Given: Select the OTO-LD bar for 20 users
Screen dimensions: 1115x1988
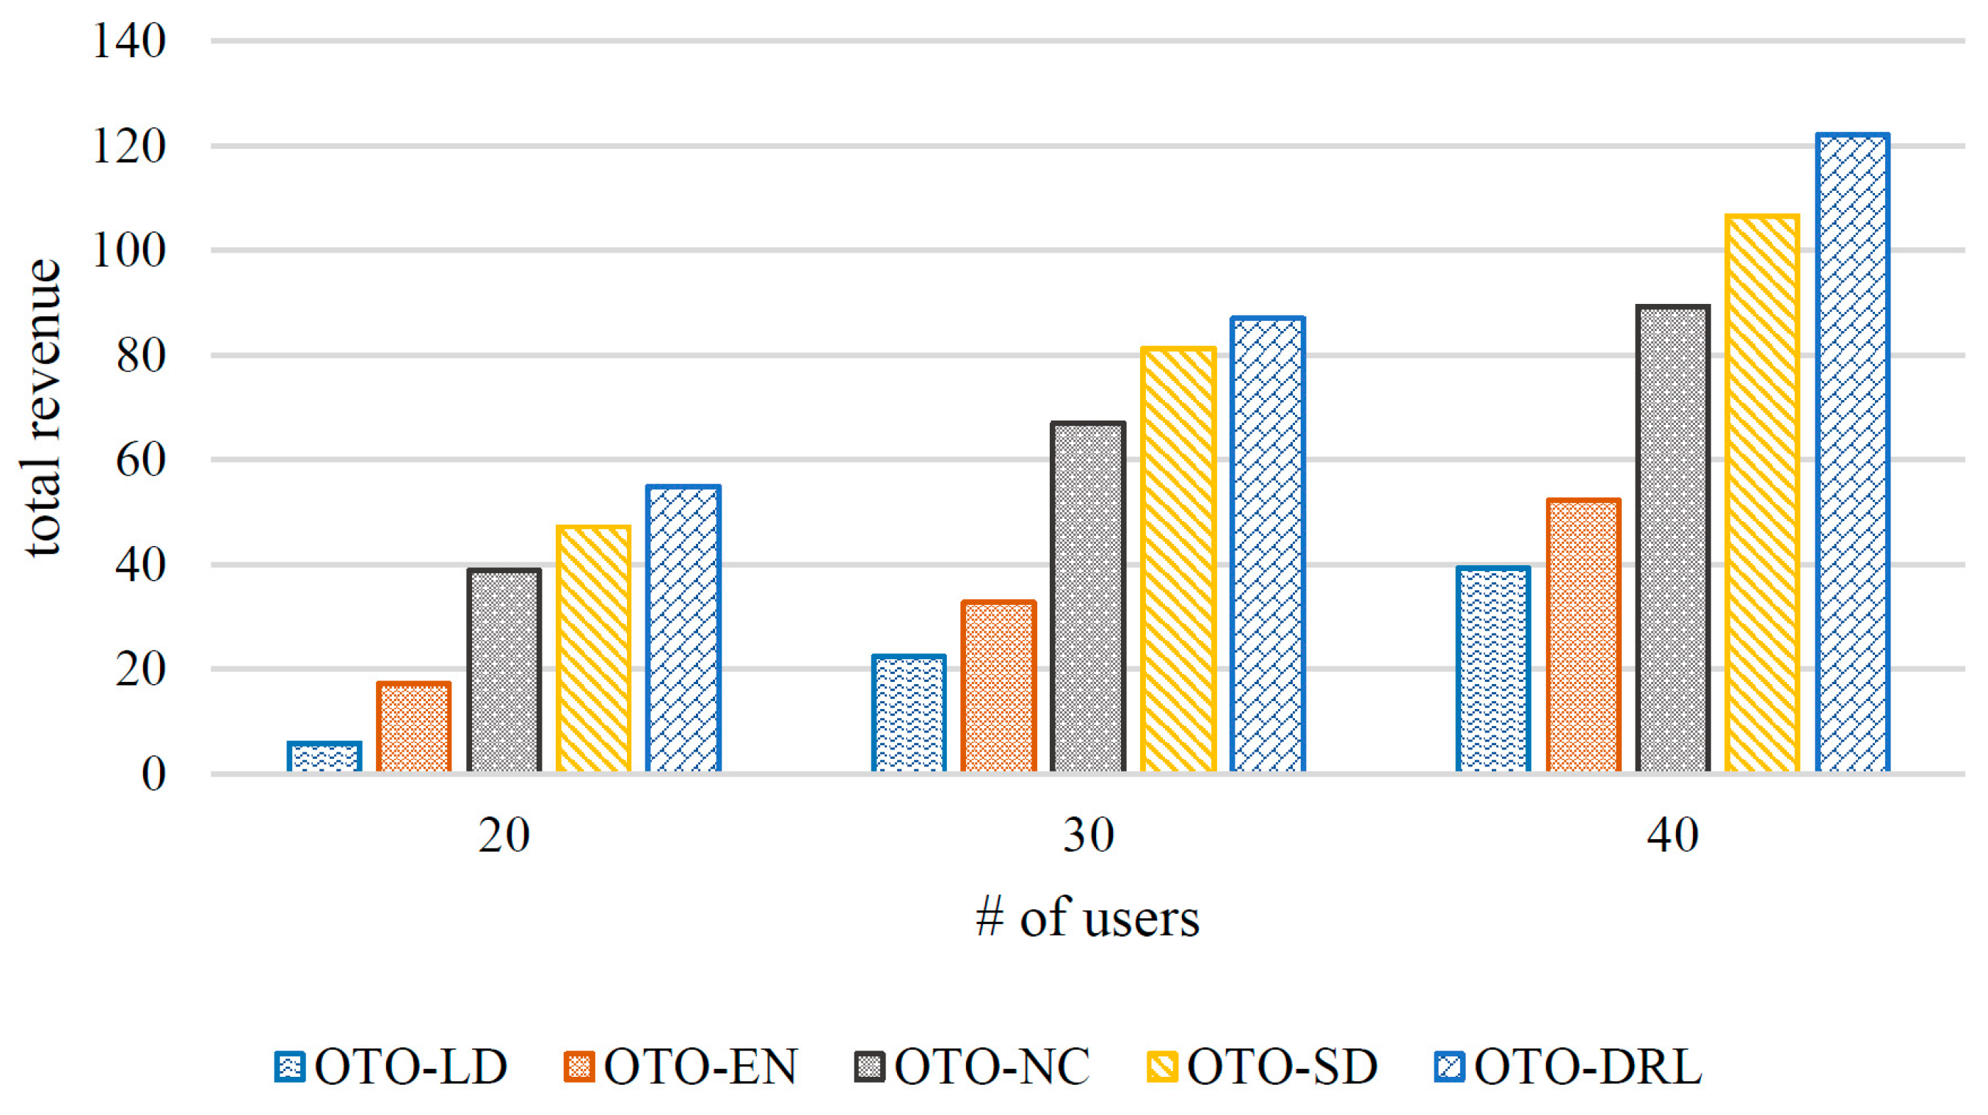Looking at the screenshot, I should [x=324, y=757].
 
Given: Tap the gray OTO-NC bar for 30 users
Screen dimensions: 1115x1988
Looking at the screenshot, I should [x=1087, y=598].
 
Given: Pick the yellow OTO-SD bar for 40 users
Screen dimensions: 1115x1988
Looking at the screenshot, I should [x=1762, y=494].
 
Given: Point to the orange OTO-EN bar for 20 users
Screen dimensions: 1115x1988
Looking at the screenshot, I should [x=413, y=727].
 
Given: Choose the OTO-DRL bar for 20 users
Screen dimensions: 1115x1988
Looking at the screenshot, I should [x=683, y=629].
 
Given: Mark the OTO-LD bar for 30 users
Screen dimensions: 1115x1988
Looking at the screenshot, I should [x=908, y=713].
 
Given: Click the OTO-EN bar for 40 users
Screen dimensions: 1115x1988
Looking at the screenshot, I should [x=1583, y=636].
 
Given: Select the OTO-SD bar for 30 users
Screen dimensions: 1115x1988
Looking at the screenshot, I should [x=1178, y=560].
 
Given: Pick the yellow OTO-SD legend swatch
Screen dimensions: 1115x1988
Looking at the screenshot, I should [x=1162, y=1067].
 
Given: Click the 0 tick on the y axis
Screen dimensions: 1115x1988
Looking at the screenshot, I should [x=153, y=774].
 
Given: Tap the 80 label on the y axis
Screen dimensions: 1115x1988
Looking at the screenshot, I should [x=140, y=356].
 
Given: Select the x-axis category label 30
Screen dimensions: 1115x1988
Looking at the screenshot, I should [x=1087, y=835].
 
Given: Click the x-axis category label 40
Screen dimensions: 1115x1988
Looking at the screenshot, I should [x=1672, y=835].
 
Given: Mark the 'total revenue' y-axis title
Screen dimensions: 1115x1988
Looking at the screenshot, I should [x=43, y=407].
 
